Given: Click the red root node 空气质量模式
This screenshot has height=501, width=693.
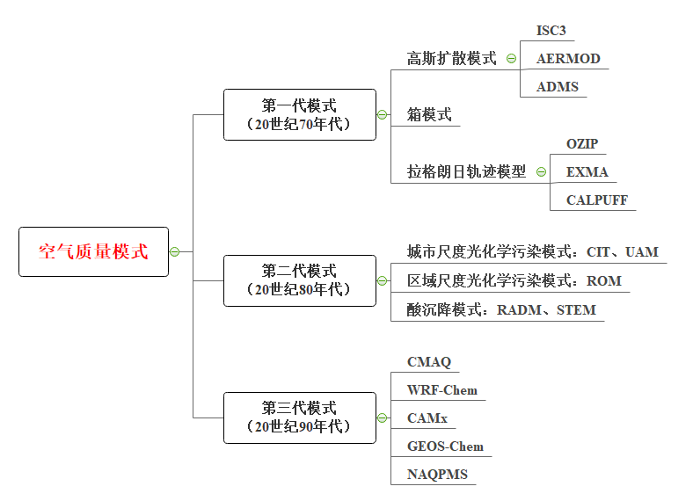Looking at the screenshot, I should [x=93, y=252].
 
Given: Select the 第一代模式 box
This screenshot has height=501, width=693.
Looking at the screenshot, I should [x=299, y=114].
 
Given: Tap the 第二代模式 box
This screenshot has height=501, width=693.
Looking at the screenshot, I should [x=299, y=280].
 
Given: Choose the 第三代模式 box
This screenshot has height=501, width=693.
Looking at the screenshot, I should [x=299, y=417].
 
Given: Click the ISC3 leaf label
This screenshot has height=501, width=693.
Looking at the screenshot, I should [x=551, y=31].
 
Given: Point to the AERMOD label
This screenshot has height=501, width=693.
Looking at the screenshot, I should [x=568, y=59].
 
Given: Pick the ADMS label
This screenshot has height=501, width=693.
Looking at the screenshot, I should [x=558, y=87].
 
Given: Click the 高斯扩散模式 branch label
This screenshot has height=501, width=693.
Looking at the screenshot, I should [x=451, y=59].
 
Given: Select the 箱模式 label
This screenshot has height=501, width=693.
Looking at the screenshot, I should [x=429, y=115].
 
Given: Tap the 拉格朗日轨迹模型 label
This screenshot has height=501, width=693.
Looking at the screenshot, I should [x=466, y=171].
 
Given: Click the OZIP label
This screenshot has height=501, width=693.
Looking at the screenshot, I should [x=582, y=143].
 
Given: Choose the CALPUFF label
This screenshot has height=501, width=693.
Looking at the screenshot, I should [x=597, y=200].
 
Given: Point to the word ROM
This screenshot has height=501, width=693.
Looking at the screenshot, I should [x=603, y=281].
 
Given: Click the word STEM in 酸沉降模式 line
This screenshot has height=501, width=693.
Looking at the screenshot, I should [x=576, y=309].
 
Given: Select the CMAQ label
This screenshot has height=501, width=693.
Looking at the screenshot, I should [x=428, y=361].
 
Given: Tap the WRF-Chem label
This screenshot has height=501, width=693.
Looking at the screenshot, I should [x=441, y=389].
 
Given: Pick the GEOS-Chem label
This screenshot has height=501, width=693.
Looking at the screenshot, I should [x=445, y=446].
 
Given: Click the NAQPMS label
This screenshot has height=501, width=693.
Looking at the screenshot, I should [x=437, y=475].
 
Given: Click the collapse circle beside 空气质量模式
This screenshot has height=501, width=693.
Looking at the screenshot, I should [x=174, y=252].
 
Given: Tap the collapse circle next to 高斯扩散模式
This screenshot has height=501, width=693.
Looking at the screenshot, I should [x=511, y=59].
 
